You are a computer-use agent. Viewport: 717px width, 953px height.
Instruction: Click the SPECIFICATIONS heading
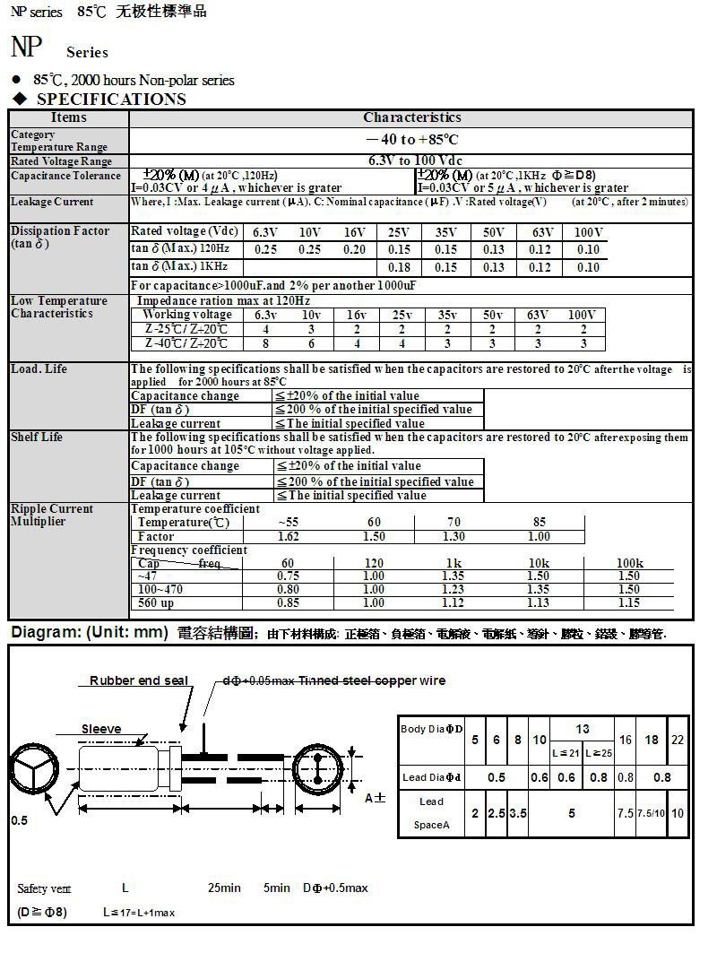(x=111, y=100)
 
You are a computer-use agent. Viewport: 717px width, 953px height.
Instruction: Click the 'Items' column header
(x=69, y=117)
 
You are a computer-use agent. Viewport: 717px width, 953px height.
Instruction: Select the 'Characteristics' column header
(x=411, y=117)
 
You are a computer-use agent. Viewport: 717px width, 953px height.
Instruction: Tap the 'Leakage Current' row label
(x=52, y=203)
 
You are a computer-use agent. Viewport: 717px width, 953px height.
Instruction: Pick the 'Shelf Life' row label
(x=37, y=438)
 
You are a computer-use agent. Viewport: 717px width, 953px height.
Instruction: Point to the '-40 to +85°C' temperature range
(x=412, y=140)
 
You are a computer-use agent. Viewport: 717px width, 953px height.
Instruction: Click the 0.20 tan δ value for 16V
(x=355, y=250)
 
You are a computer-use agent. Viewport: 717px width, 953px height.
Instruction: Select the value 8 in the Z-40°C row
(x=265, y=344)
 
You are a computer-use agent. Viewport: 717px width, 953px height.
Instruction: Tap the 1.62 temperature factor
(x=289, y=536)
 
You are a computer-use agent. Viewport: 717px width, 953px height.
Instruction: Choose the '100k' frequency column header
(x=630, y=563)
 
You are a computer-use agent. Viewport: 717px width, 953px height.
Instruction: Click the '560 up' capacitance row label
(x=156, y=603)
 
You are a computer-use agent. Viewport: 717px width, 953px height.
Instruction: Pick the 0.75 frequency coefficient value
(x=289, y=576)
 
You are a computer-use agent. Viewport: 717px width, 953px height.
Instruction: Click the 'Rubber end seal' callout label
(x=139, y=681)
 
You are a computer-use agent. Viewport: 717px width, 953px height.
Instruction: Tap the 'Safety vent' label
(x=44, y=888)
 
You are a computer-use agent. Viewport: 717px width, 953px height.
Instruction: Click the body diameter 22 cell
(x=678, y=741)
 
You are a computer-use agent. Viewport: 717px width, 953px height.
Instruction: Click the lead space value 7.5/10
(x=651, y=813)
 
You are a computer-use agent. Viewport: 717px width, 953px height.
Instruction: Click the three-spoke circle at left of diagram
(x=35, y=769)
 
